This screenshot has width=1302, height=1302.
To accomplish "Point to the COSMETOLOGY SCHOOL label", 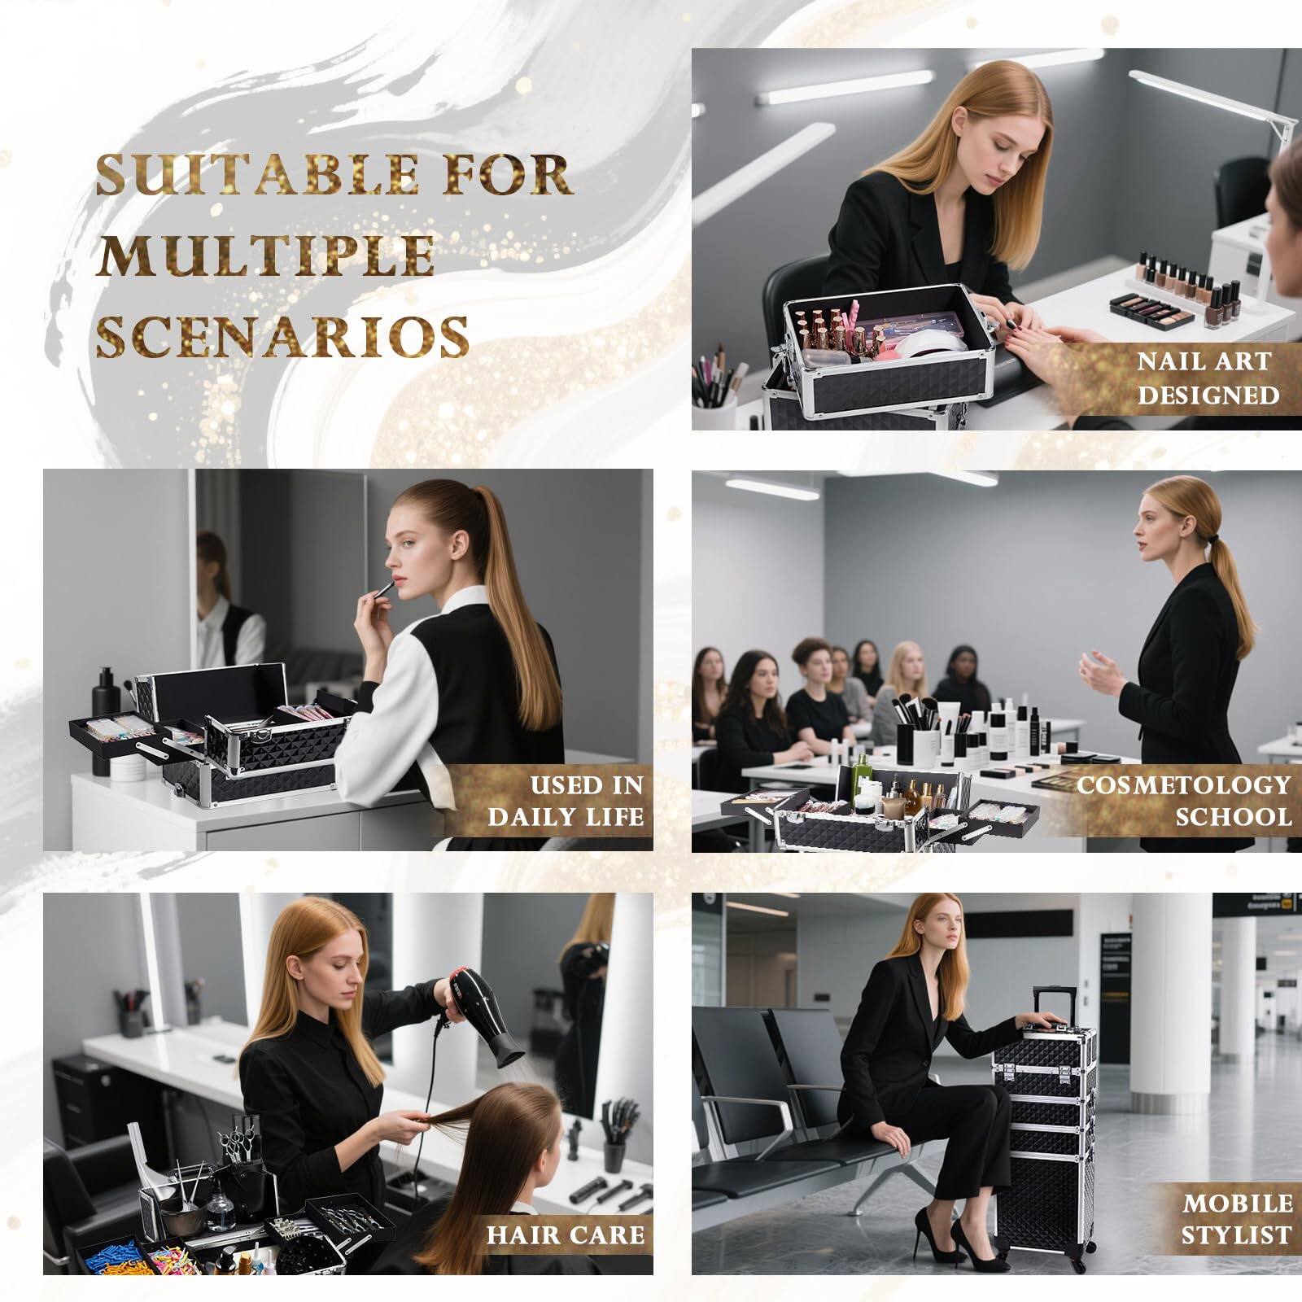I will coord(1183,801).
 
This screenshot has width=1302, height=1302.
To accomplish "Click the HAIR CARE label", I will coord(565,1234).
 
